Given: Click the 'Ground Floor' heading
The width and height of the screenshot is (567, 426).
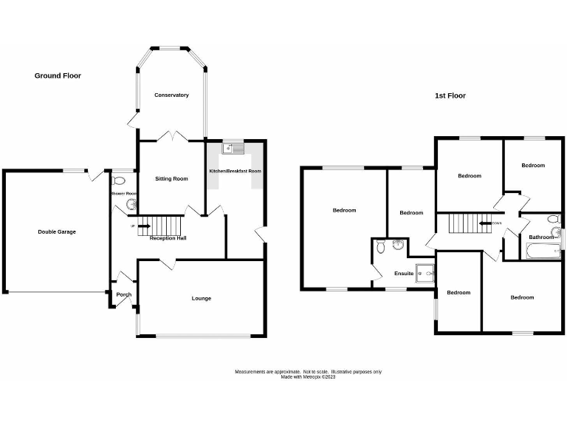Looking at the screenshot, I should point(58,75).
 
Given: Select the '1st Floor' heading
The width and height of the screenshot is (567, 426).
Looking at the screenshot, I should point(450,95).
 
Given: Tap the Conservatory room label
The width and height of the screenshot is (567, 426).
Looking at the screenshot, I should point(171,95).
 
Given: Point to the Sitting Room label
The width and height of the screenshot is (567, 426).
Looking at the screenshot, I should point(171,178).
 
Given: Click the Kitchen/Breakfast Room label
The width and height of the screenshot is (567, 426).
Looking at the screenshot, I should point(236,171).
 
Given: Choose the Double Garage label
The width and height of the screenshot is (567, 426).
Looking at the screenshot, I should point(57,231).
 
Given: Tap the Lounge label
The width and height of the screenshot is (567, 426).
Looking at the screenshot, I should point(202,298).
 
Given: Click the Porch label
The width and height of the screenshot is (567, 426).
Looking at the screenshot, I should point(123,294).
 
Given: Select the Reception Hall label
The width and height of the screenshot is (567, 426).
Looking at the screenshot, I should point(168,238).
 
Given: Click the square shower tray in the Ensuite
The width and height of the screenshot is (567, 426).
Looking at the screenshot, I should point(425,274).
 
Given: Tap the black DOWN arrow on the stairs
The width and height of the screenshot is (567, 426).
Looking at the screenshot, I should point(486,222).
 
